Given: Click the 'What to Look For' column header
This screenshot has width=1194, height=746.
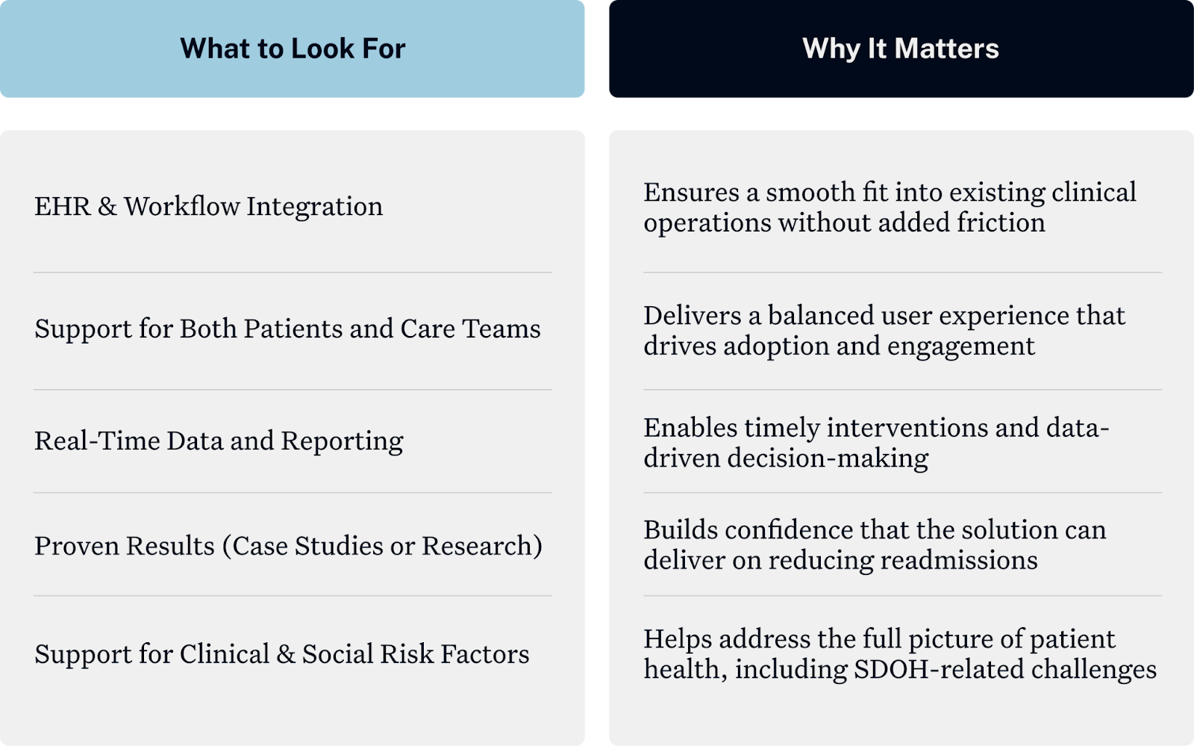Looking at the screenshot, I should point(293,49).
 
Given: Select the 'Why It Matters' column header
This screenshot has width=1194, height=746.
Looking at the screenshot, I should point(900,49).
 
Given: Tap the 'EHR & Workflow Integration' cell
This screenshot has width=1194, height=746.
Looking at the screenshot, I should point(208,206).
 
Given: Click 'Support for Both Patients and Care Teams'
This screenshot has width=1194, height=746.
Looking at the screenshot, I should point(287,329).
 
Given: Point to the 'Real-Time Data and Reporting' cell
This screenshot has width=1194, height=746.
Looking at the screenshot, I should point(219,441).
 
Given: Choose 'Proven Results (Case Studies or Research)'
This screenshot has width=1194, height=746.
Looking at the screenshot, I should point(288,546).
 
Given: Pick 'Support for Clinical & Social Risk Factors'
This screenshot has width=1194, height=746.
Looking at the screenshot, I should point(281,654).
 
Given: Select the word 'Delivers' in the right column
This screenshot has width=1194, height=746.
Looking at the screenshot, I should point(691,315).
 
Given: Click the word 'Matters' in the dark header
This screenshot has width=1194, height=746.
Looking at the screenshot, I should point(946,49).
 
